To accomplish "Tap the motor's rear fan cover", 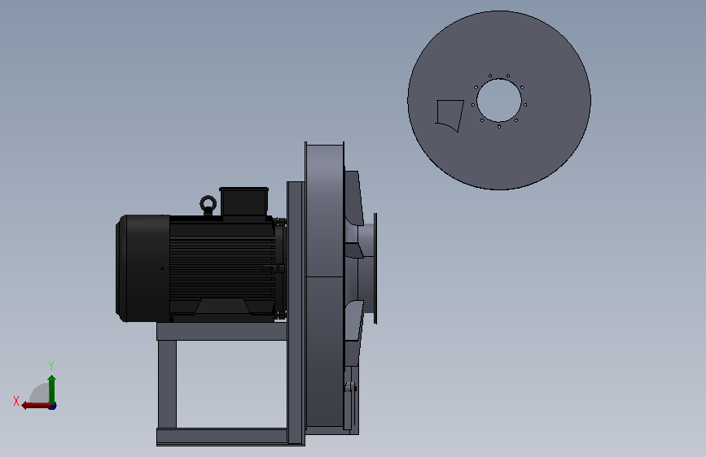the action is [143, 268].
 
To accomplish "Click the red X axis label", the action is [16, 401].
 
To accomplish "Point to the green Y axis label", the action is [51, 365].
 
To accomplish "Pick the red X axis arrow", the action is [37, 406].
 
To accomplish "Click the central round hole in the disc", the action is [499, 100].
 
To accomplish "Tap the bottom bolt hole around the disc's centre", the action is [499, 126].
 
